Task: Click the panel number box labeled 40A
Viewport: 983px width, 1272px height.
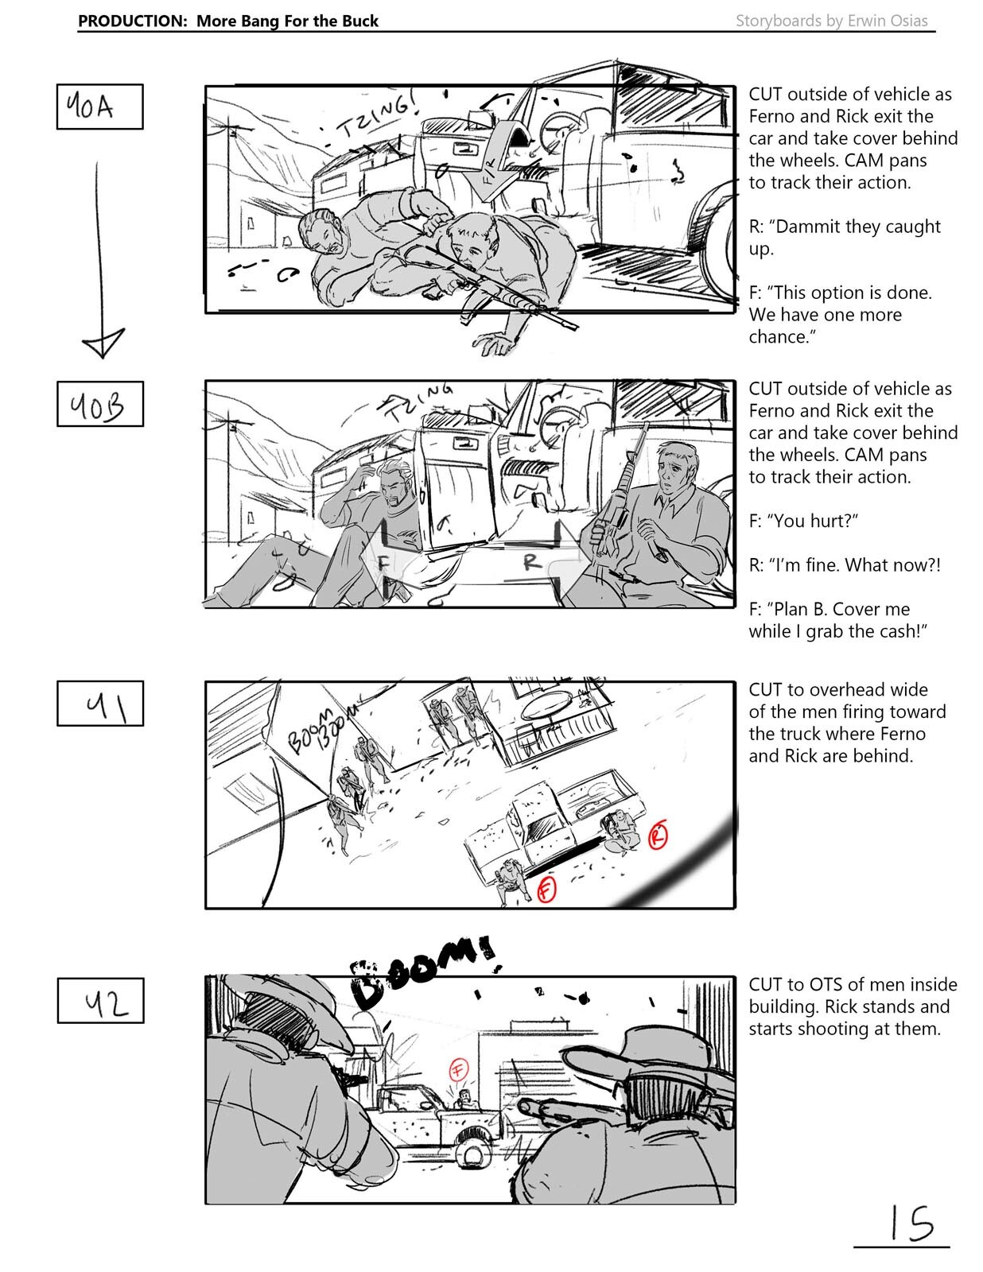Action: pyautogui.click(x=99, y=107)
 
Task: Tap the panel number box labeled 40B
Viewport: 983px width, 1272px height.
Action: pyautogui.click(x=99, y=405)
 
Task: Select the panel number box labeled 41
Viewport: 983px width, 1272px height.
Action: pyautogui.click(x=99, y=704)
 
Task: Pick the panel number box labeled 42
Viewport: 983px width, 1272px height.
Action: pyautogui.click(x=100, y=1001)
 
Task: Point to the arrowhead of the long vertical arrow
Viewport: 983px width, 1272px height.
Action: pyautogui.click(x=103, y=343)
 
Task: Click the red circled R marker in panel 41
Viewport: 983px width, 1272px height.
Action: pyautogui.click(x=658, y=836)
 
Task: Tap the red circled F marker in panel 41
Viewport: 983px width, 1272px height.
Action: pyautogui.click(x=546, y=890)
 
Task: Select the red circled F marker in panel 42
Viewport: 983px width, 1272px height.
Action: pyautogui.click(x=458, y=1068)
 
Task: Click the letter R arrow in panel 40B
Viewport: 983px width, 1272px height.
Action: pyautogui.click(x=531, y=562)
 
